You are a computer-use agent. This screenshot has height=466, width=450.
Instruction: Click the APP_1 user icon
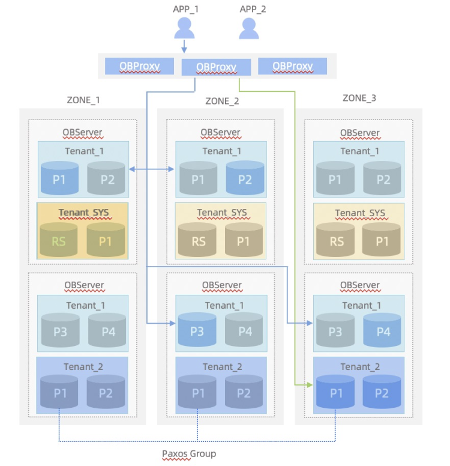pyautogui.click(x=184, y=28)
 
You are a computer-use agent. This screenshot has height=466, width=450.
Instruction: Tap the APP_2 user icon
pyautogui.click(x=249, y=28)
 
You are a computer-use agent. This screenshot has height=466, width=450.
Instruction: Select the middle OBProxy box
pyautogui.click(x=216, y=67)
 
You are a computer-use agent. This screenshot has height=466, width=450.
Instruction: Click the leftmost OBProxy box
pyautogui.click(x=139, y=66)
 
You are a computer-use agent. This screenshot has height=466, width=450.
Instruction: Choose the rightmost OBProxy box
pyautogui.click(x=293, y=66)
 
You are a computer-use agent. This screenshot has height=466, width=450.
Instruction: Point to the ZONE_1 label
pyautogui.click(x=83, y=100)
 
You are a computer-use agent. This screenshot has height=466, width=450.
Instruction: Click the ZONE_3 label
pyautogui.click(x=359, y=98)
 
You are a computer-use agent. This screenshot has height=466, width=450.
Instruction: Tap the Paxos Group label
pyautogui.click(x=189, y=454)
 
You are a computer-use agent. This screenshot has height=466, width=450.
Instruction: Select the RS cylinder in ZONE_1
pyautogui.click(x=59, y=240)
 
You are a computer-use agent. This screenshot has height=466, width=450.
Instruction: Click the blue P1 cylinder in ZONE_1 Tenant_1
pyautogui.click(x=59, y=178)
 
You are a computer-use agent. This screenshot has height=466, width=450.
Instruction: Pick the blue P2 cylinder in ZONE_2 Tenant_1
pyautogui.click(x=245, y=178)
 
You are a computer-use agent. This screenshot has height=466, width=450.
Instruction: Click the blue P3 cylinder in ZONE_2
pyautogui.click(x=197, y=330)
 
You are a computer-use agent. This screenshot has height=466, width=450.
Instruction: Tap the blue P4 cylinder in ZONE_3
pyautogui.click(x=382, y=330)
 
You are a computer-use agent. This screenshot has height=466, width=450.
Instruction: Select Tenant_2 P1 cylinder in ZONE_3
pyautogui.click(x=335, y=392)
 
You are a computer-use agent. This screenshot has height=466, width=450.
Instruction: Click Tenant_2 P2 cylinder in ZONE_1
pyautogui.click(x=106, y=392)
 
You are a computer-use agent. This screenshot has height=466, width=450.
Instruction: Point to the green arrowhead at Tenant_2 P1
pyautogui.click(x=310, y=385)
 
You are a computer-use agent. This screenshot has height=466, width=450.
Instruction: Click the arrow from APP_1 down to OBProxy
pyautogui.click(x=184, y=46)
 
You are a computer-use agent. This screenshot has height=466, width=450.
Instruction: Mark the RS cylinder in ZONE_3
pyautogui.click(x=335, y=240)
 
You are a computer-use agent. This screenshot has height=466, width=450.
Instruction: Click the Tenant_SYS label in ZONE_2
pyautogui.click(x=222, y=213)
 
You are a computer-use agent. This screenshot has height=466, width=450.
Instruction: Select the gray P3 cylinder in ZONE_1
pyautogui.click(x=60, y=330)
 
